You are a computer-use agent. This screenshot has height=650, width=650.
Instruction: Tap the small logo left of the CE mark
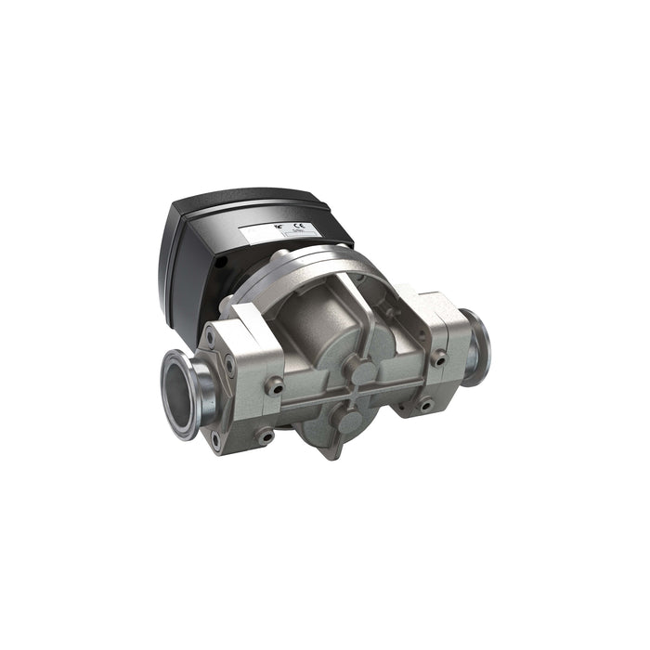pyautogui.click(x=279, y=228)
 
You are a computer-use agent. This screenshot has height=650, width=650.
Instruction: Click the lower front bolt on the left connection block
pyautogui.click(x=266, y=433)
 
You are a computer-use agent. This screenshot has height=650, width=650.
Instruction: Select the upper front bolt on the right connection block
pyautogui.click(x=437, y=357)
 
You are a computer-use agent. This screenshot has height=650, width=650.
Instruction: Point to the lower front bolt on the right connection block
pyautogui.click(x=426, y=404)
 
